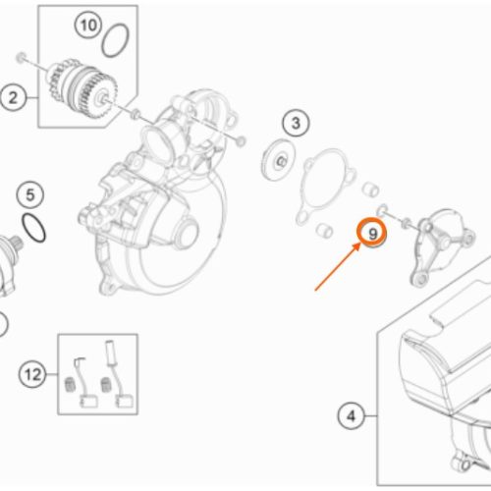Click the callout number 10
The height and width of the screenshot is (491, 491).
click(88, 25)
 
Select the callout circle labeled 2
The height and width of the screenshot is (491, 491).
click(13, 97)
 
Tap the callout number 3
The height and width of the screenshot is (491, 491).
click(296, 124)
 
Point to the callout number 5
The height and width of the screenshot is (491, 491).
click(30, 195)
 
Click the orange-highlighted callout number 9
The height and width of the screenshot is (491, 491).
click(372, 234)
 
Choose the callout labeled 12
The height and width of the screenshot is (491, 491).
click(32, 374)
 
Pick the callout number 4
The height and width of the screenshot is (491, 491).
click(351, 416)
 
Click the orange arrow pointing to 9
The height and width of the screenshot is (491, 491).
click(337, 266)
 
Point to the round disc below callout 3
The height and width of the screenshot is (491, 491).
click(279, 159)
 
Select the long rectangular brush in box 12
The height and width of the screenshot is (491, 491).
click(110, 353)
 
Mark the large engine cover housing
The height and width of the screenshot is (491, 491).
click(154, 193)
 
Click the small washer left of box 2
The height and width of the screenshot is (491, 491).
click(21, 57)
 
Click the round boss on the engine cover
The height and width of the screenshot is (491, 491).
click(189, 233)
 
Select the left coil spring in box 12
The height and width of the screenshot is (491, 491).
click(70, 384)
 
